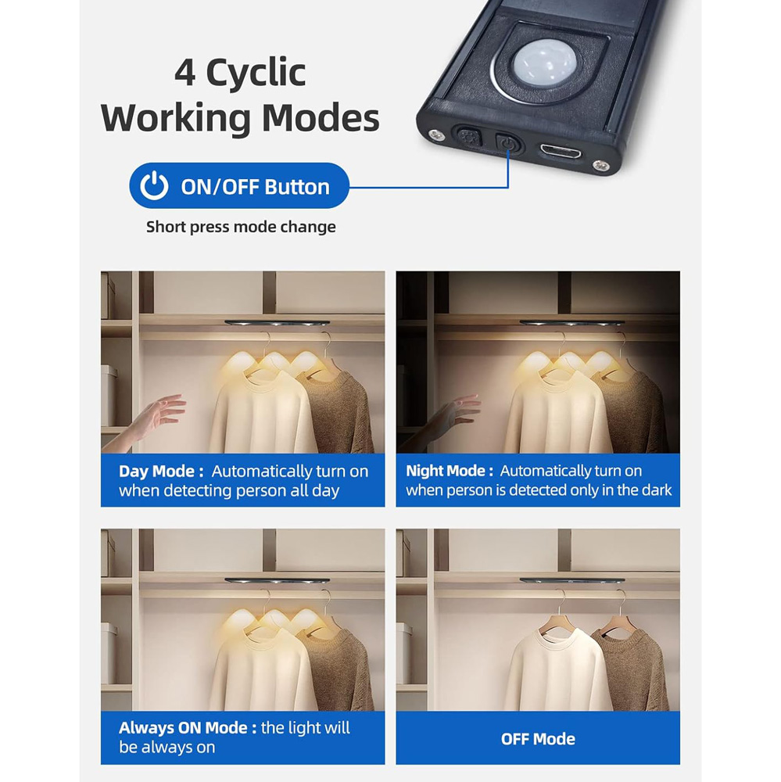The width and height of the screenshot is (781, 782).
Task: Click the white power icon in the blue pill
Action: pos(154,185)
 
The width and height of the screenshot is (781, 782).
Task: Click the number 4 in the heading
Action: pos(185,73)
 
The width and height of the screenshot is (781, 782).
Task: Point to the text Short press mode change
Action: pos(241,227)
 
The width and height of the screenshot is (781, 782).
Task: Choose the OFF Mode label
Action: pos(538,739)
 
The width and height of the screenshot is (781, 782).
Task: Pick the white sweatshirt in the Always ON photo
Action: pos(262,669)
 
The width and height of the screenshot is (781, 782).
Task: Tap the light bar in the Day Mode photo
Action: pos(278,323)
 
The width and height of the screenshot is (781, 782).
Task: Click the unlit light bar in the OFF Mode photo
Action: pos(572,580)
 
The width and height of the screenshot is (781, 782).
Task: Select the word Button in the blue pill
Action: pos(297,187)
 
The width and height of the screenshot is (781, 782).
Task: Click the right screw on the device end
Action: pos(600,166)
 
